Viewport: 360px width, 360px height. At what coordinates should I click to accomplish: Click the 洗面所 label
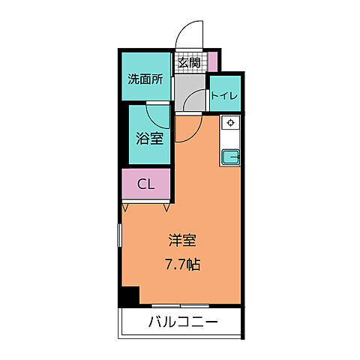point(145,77)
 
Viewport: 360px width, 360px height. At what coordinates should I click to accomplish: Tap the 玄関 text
point(188,63)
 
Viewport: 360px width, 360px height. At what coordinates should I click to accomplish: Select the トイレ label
point(223,95)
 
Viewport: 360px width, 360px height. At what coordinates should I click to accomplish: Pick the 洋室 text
point(182,241)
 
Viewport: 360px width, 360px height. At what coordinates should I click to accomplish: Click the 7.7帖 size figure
point(182,264)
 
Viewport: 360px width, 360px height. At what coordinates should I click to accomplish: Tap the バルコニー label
point(182,323)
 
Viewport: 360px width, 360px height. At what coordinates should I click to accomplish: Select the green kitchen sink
point(230,157)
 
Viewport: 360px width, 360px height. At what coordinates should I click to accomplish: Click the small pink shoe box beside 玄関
point(213,61)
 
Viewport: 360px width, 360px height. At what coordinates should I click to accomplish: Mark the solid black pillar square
point(129,297)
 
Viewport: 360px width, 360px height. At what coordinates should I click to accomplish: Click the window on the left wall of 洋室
point(120,241)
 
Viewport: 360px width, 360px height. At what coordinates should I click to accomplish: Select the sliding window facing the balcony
point(181,307)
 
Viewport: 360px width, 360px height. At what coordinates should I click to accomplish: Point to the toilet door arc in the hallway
point(196,100)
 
